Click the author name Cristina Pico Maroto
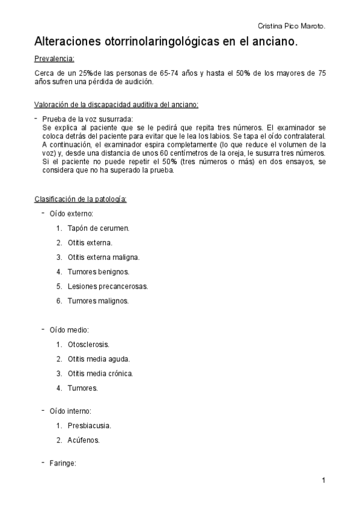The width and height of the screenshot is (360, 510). pyautogui.click(x=291, y=26)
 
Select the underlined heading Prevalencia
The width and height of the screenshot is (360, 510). pyautogui.click(x=54, y=59)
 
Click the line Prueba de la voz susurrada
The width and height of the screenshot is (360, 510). pyautogui.click(x=88, y=119)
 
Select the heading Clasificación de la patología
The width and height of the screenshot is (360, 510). pyautogui.click(x=81, y=199)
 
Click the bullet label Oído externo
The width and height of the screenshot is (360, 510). pyautogui.click(x=70, y=214)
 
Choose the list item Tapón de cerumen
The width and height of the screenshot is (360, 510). pyautogui.click(x=99, y=229)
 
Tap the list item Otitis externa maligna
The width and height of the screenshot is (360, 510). pyautogui.click(x=103, y=257)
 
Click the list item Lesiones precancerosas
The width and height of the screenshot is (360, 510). pyautogui.click(x=108, y=286)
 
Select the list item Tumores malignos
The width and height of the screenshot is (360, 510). pyautogui.click(x=98, y=301)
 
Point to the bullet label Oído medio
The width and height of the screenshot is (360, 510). pyautogui.click(x=69, y=330)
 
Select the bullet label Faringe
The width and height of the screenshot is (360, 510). pyautogui.click(x=63, y=463)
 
